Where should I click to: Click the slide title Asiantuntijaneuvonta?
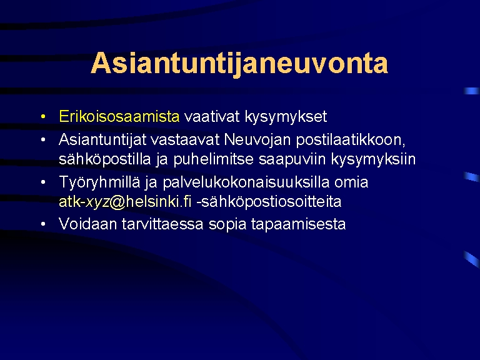tap(239, 64)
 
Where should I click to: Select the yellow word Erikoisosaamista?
tap(119, 116)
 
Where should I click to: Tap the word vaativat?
tap(212, 116)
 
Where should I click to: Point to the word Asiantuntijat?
tap(102, 140)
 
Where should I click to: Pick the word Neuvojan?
tap(257, 140)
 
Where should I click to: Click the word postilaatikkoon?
tap(351, 140)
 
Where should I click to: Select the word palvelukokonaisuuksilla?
tap(246, 182)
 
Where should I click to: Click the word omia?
tap(351, 182)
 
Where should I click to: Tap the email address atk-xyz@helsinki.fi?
tap(125, 202)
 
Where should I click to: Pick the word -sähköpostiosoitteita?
tap(269, 202)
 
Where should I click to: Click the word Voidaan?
tap(88, 224)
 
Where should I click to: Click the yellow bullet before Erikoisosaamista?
tap(43, 116)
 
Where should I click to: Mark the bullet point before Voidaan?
tap(43, 224)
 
